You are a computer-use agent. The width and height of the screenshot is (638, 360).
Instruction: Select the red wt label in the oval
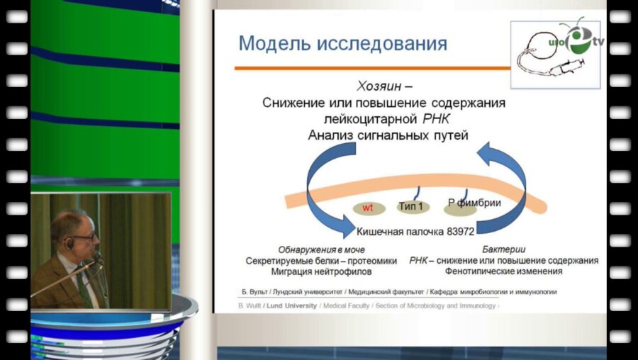click(x=368, y=208)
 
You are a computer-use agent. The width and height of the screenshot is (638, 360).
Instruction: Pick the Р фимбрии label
click(x=474, y=203)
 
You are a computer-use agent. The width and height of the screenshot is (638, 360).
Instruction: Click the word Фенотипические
click(x=479, y=271)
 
